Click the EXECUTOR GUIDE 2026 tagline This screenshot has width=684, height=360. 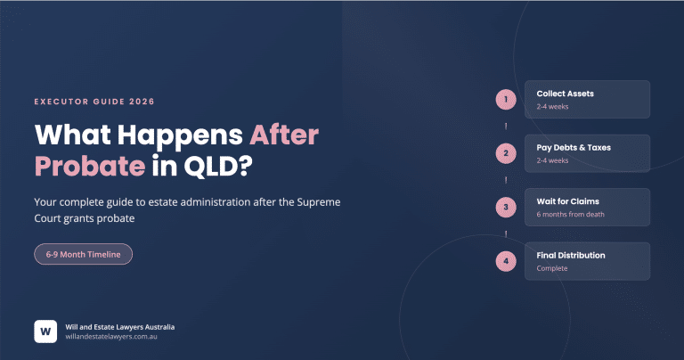click(x=94, y=102)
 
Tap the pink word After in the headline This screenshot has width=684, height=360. click(x=282, y=135)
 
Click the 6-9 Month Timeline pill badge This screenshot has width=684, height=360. click(x=84, y=254)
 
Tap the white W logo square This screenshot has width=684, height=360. click(x=45, y=331)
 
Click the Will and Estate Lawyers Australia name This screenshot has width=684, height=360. click(x=119, y=325)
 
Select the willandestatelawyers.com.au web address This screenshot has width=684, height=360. click(x=112, y=337)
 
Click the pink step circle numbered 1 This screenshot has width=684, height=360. click(x=506, y=99)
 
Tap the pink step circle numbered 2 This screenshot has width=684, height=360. click(x=506, y=153)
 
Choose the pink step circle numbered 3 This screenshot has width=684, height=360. click(x=506, y=207)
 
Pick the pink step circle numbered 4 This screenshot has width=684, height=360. click(x=506, y=261)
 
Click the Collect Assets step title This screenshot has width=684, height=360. click(x=565, y=94)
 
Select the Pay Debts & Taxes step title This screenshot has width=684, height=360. click(x=573, y=147)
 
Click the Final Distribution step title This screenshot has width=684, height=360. click(x=571, y=256)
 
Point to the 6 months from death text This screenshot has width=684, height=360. click(x=569, y=215)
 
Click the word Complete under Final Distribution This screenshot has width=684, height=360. click(x=552, y=268)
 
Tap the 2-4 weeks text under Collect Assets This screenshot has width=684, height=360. click(x=552, y=107)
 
